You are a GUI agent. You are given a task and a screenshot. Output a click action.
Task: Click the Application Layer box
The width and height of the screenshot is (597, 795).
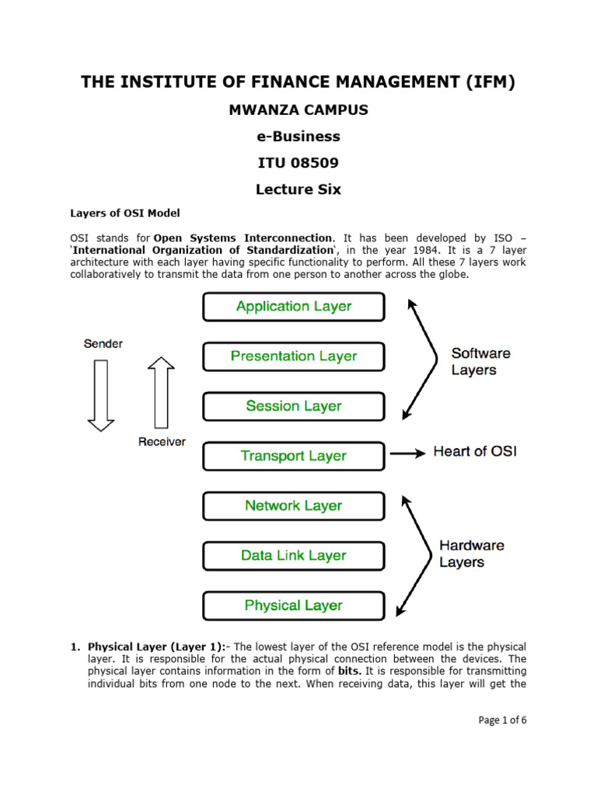293,307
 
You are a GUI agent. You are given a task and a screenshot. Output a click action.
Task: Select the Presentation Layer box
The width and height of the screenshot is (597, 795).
293,356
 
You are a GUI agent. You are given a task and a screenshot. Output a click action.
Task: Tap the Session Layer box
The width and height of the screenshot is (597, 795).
293,406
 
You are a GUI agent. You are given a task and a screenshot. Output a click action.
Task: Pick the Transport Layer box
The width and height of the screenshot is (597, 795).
293,456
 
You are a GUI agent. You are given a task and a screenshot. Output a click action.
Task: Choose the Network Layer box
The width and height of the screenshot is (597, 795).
293,505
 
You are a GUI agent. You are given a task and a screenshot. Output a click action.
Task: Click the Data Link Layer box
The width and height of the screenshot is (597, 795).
293,556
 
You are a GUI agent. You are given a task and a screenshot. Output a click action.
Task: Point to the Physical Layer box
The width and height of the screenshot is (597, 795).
293,606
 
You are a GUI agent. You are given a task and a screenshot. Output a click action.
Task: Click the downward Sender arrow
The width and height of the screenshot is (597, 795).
101,395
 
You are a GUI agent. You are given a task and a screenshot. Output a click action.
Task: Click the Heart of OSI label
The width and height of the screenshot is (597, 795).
475,451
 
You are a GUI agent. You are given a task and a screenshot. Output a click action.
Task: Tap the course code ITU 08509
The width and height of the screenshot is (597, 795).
298,162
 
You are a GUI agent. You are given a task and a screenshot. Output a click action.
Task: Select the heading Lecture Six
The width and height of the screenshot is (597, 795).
298,189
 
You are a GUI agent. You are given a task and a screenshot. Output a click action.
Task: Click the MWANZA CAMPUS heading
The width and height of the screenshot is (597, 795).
298,109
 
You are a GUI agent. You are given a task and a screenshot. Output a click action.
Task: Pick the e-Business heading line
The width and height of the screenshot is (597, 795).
298,136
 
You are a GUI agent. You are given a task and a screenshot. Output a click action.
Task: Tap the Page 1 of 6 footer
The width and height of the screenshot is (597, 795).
502,720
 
